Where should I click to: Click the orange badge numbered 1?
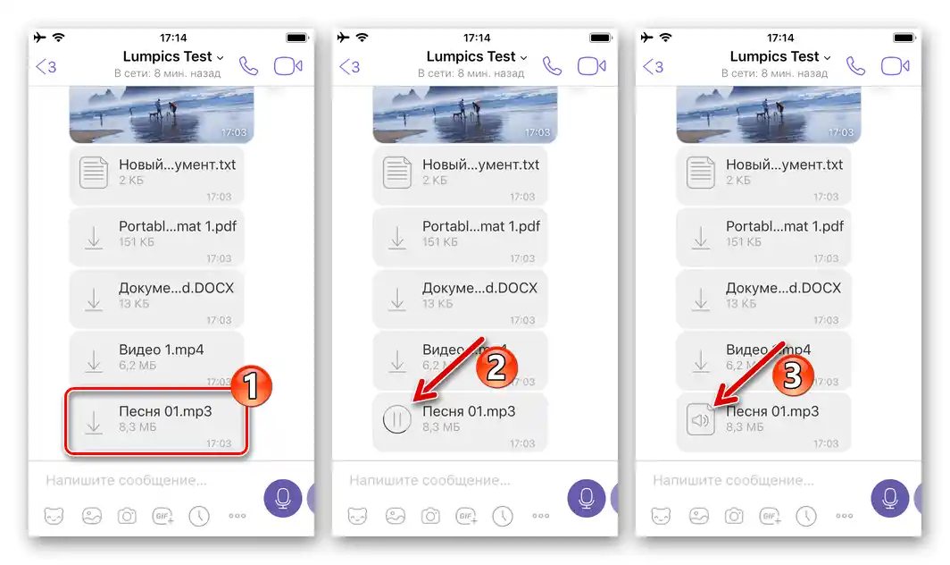click(251, 386)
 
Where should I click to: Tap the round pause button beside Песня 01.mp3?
click(396, 419)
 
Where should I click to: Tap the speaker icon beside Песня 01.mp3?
click(701, 419)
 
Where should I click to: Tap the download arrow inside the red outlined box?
click(94, 419)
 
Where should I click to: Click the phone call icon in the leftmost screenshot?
click(249, 66)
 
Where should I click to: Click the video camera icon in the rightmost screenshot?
click(895, 66)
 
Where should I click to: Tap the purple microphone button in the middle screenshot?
click(587, 498)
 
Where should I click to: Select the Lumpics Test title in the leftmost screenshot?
click(168, 57)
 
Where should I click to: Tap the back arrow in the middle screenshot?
click(349, 67)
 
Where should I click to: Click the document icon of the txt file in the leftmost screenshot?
click(94, 172)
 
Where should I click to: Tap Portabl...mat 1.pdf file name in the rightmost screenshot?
click(784, 226)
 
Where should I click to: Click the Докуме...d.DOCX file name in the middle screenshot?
click(479, 288)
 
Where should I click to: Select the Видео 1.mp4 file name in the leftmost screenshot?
click(161, 350)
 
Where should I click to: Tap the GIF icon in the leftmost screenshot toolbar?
click(161, 516)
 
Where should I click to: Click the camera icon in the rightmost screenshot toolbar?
click(734, 516)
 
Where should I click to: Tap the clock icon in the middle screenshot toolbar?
click(504, 516)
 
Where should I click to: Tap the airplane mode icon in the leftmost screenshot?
click(38, 38)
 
